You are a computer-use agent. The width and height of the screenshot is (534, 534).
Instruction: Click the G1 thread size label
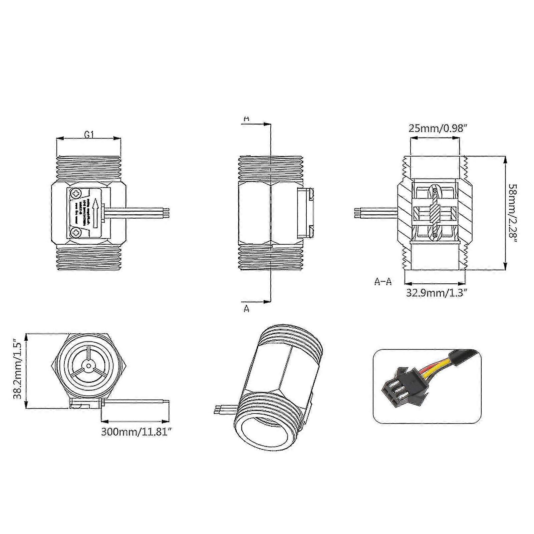(x=89, y=135)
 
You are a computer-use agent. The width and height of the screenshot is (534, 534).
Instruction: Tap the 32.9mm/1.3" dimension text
(x=436, y=293)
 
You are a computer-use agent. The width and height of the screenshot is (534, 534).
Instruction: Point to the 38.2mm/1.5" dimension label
(x=17, y=370)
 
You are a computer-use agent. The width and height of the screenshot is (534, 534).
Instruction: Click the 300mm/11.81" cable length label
(x=137, y=432)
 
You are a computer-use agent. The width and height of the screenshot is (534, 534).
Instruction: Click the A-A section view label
(x=383, y=282)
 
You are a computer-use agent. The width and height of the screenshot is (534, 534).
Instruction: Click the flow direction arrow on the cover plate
(x=96, y=212)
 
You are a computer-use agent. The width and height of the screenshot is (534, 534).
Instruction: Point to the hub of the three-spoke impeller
(x=88, y=366)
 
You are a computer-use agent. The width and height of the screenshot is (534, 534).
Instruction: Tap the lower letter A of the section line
(x=246, y=309)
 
